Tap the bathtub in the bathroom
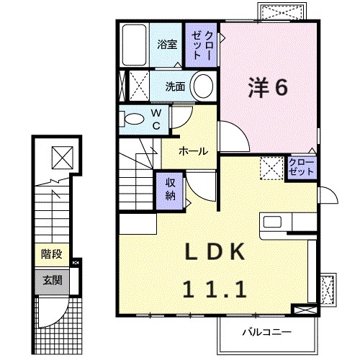pos(134,45)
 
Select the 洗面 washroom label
pos(175,86)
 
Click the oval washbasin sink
pos(204,86)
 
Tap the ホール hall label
pos(193,151)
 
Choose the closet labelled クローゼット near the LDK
pos(300,168)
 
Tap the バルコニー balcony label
pos(268,332)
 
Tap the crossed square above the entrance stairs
pos(62,156)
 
